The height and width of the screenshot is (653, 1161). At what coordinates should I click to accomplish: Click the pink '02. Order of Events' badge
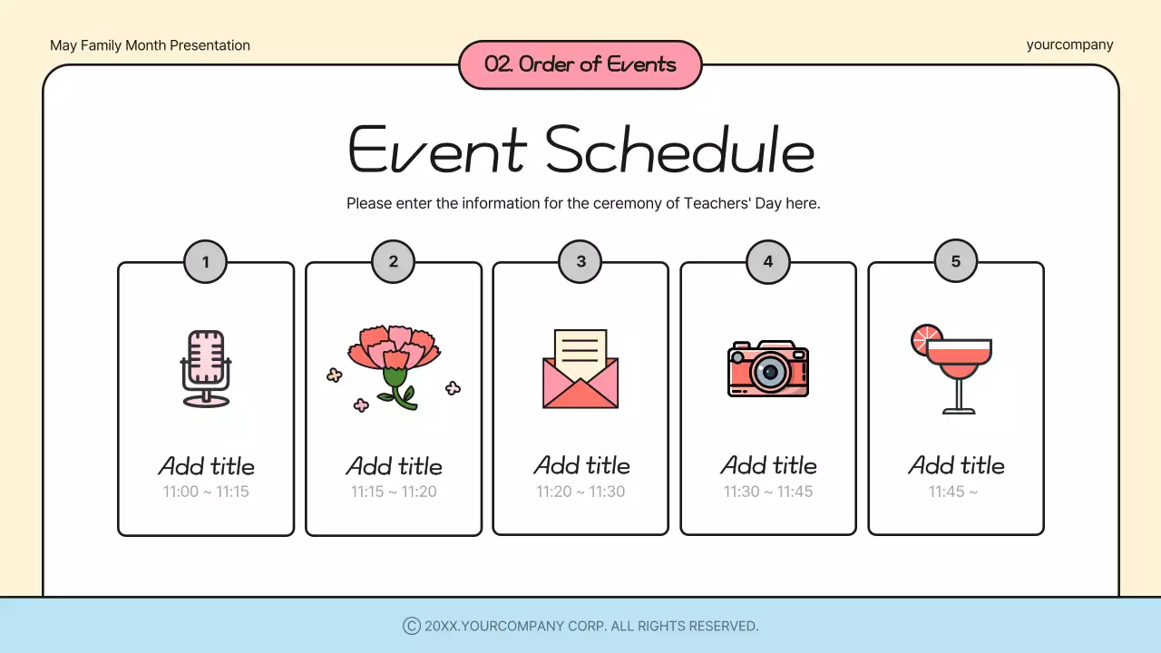point(580,64)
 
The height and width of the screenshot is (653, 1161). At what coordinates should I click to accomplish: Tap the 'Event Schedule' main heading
point(580,150)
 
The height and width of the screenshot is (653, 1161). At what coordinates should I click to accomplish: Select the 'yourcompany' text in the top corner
point(1069,44)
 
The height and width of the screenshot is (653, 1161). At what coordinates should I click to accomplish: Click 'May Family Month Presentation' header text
point(150,45)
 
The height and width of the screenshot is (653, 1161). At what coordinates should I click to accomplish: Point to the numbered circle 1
point(206,262)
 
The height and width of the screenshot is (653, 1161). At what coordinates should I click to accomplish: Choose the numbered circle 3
point(580,261)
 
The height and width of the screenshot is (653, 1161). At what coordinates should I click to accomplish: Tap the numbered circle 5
point(956,261)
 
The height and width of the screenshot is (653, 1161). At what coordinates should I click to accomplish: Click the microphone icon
point(206,368)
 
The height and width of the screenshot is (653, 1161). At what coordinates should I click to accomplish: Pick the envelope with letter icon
point(580,369)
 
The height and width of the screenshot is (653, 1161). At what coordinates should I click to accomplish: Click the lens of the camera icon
point(770,371)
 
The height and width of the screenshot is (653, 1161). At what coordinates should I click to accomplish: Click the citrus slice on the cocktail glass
point(926,339)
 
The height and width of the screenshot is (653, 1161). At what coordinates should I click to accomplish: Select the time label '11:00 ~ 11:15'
point(206,492)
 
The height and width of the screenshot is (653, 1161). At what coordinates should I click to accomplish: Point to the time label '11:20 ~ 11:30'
point(580,492)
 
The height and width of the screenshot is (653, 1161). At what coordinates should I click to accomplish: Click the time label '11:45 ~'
point(953,492)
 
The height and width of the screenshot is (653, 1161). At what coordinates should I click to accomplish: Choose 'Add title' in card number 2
point(394,466)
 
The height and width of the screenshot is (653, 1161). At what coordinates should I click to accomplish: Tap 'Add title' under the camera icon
point(768,465)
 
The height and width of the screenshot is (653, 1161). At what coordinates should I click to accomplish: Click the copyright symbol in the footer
point(411,626)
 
